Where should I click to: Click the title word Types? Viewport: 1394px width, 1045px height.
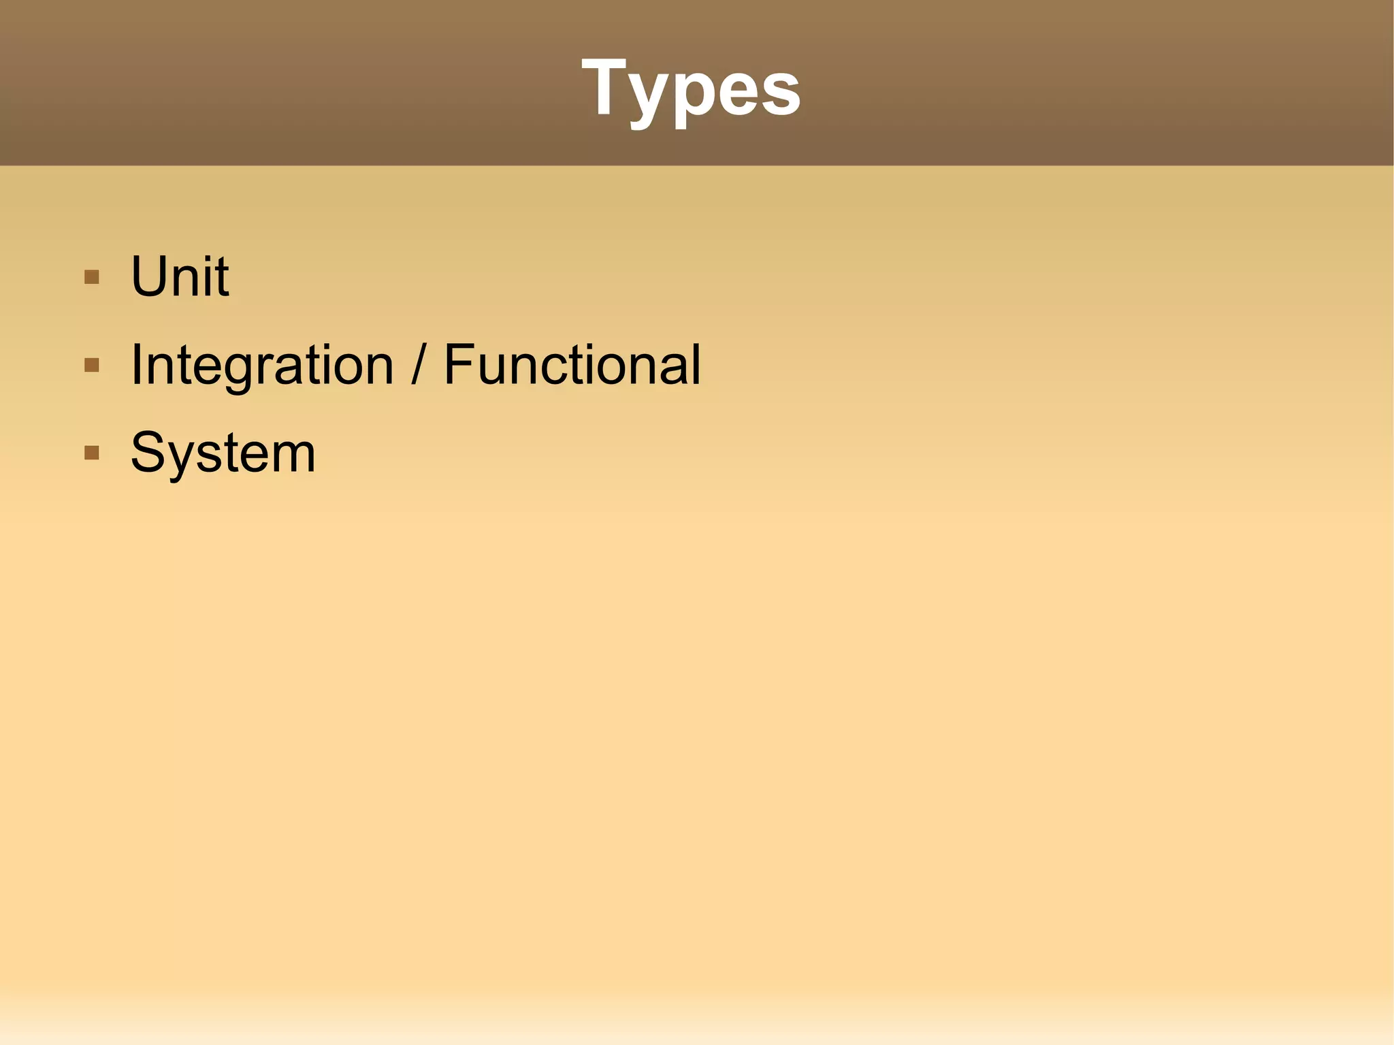[691, 89]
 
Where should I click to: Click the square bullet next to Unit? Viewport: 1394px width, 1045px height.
[92, 277]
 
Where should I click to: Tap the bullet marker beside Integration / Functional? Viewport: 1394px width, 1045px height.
[92, 366]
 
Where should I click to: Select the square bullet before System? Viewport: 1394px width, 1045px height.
[92, 453]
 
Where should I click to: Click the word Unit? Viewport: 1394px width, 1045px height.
[180, 276]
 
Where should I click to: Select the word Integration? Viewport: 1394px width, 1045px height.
[262, 366]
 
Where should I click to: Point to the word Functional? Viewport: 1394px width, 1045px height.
[572, 365]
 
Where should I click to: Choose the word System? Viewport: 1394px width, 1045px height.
[223, 453]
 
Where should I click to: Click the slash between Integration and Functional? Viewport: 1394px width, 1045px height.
[418, 366]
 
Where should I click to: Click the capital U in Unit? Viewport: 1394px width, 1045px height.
[150, 276]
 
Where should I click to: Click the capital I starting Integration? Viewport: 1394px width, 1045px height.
[135, 365]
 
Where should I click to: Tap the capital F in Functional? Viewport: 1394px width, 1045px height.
[459, 365]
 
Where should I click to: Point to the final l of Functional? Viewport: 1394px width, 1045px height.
[695, 364]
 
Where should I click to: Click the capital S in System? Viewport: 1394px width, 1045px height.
[149, 453]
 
